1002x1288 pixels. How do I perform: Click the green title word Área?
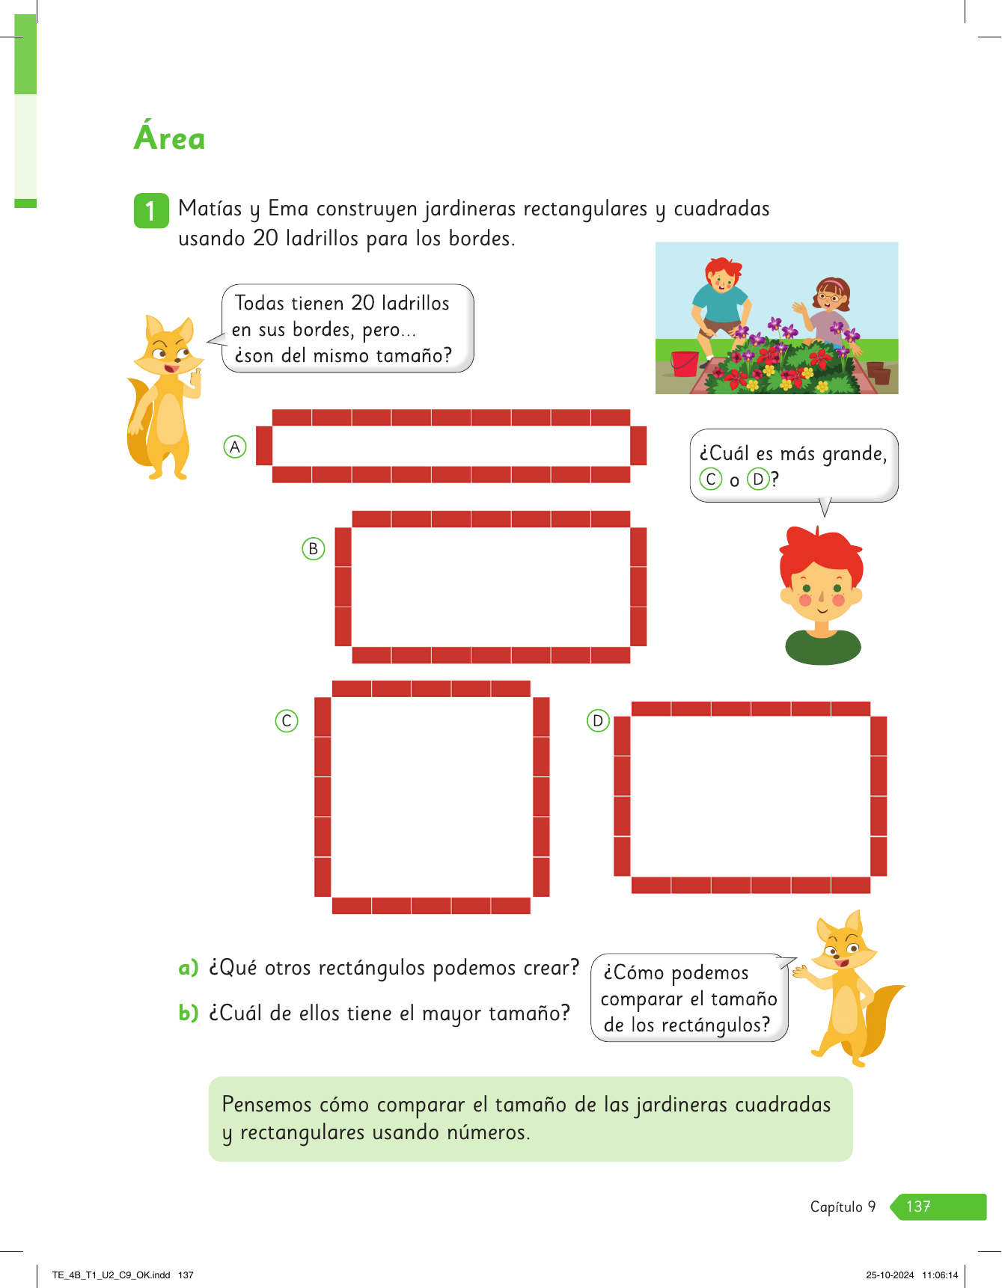click(x=169, y=136)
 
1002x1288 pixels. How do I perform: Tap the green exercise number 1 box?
click(x=150, y=210)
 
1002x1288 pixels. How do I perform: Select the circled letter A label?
click(x=235, y=447)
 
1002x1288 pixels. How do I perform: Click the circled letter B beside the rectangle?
click(x=313, y=548)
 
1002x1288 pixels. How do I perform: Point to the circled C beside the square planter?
click(x=287, y=720)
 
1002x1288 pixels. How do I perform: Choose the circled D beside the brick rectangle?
click(x=598, y=720)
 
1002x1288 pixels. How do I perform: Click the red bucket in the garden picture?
click(x=684, y=364)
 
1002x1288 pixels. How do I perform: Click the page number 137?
click(x=918, y=1206)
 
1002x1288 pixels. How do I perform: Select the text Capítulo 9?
click(x=843, y=1206)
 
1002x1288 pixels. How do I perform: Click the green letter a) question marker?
click(x=188, y=968)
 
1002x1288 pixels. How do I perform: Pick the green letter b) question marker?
click(x=188, y=1013)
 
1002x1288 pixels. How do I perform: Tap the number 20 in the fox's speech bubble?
click(x=363, y=303)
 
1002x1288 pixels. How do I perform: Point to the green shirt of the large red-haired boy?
click(x=822, y=647)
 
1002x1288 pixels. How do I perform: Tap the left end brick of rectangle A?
click(x=264, y=445)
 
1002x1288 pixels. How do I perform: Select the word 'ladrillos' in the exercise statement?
click(x=326, y=239)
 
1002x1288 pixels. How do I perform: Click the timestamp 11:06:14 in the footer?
click(x=940, y=1275)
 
